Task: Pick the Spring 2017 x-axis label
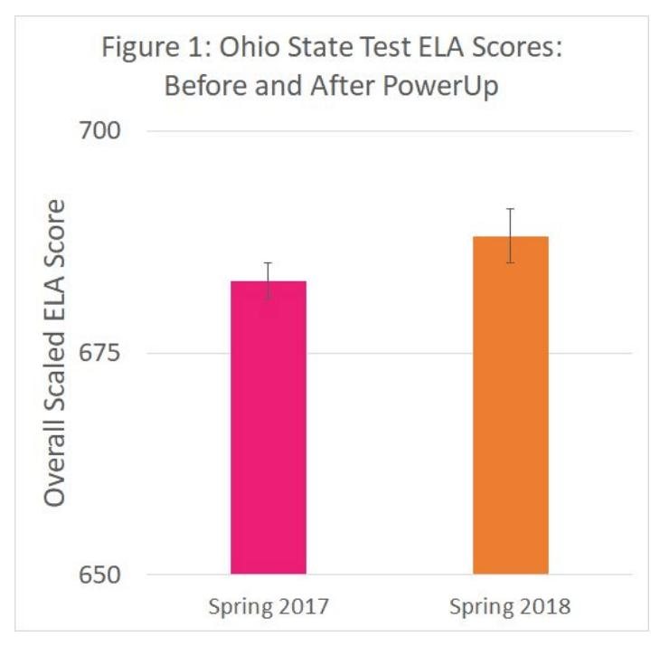269,605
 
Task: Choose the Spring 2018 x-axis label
511,605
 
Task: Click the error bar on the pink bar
269,280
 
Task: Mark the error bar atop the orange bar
510,235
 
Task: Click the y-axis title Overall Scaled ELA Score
56,353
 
